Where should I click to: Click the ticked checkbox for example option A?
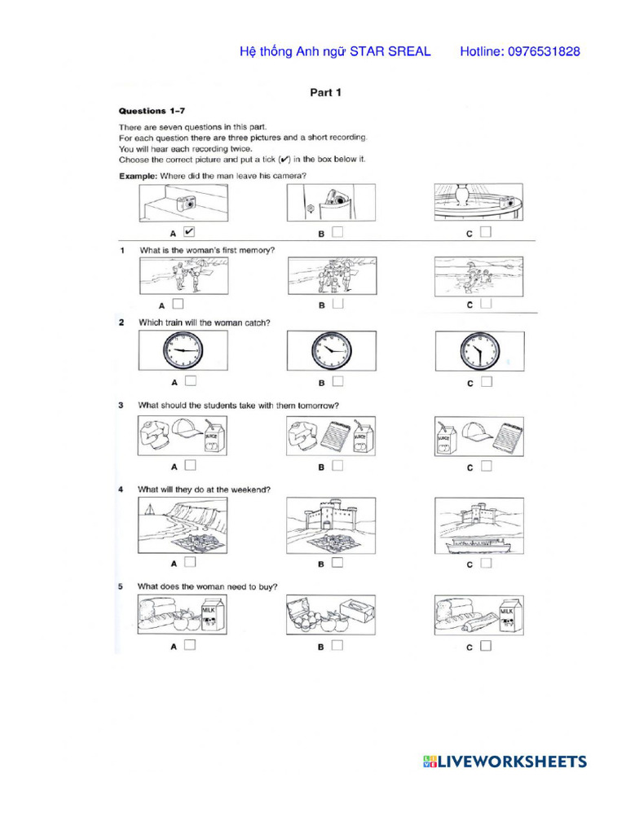(x=189, y=232)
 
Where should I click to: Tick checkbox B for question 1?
(x=337, y=304)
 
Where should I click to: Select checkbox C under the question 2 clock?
(x=486, y=381)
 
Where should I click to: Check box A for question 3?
(x=189, y=466)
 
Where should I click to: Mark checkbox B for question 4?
(x=337, y=562)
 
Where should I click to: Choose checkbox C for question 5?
(x=486, y=647)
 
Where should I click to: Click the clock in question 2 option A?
(x=183, y=351)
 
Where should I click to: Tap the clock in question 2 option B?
(x=331, y=351)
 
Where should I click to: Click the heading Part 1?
(x=325, y=93)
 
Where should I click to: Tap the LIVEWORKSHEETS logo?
(x=505, y=762)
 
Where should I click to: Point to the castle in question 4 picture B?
(x=328, y=515)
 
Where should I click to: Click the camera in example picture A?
(x=187, y=204)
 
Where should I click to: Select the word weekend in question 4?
(x=250, y=489)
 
